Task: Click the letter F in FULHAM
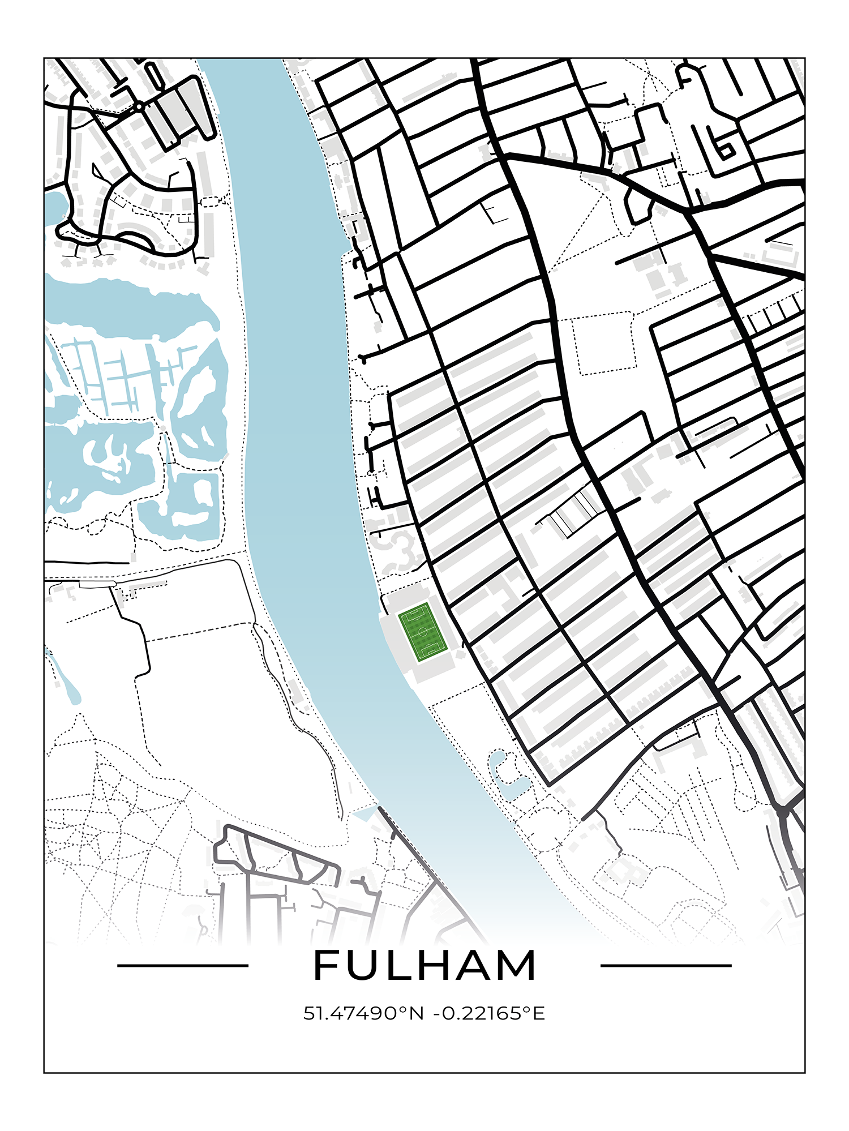point(327,965)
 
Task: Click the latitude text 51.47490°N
point(363,1013)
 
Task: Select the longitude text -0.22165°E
point(489,1013)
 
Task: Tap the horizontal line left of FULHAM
point(182,965)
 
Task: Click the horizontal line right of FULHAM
point(666,965)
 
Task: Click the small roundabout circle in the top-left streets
point(139,106)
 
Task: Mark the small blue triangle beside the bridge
point(365,813)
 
